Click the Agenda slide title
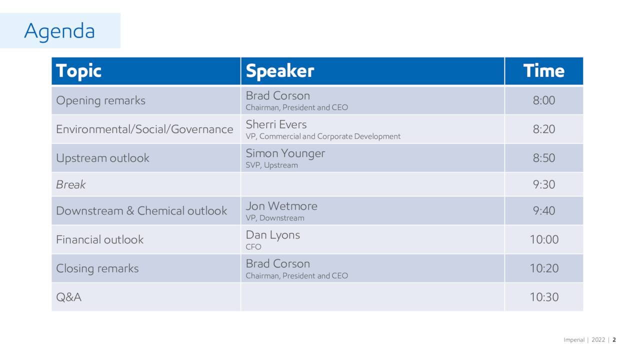coord(59,31)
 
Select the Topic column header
coord(78,71)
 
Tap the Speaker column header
coord(279,71)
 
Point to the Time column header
coord(543,71)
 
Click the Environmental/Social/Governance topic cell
coord(144,129)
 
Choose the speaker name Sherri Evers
coord(276,124)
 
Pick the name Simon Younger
coord(285,153)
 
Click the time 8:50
coord(543,158)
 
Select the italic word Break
coord(70,184)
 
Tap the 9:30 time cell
coord(543,184)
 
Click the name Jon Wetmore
coord(281,206)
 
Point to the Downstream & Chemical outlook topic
coord(141,211)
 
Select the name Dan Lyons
coord(272,234)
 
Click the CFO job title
coord(253,247)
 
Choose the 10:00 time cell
coord(544,239)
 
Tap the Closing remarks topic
coord(97,268)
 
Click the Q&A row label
coord(68,297)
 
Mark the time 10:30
coord(544,297)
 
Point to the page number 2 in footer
coord(614,340)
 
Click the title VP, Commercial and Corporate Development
coord(323,136)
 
